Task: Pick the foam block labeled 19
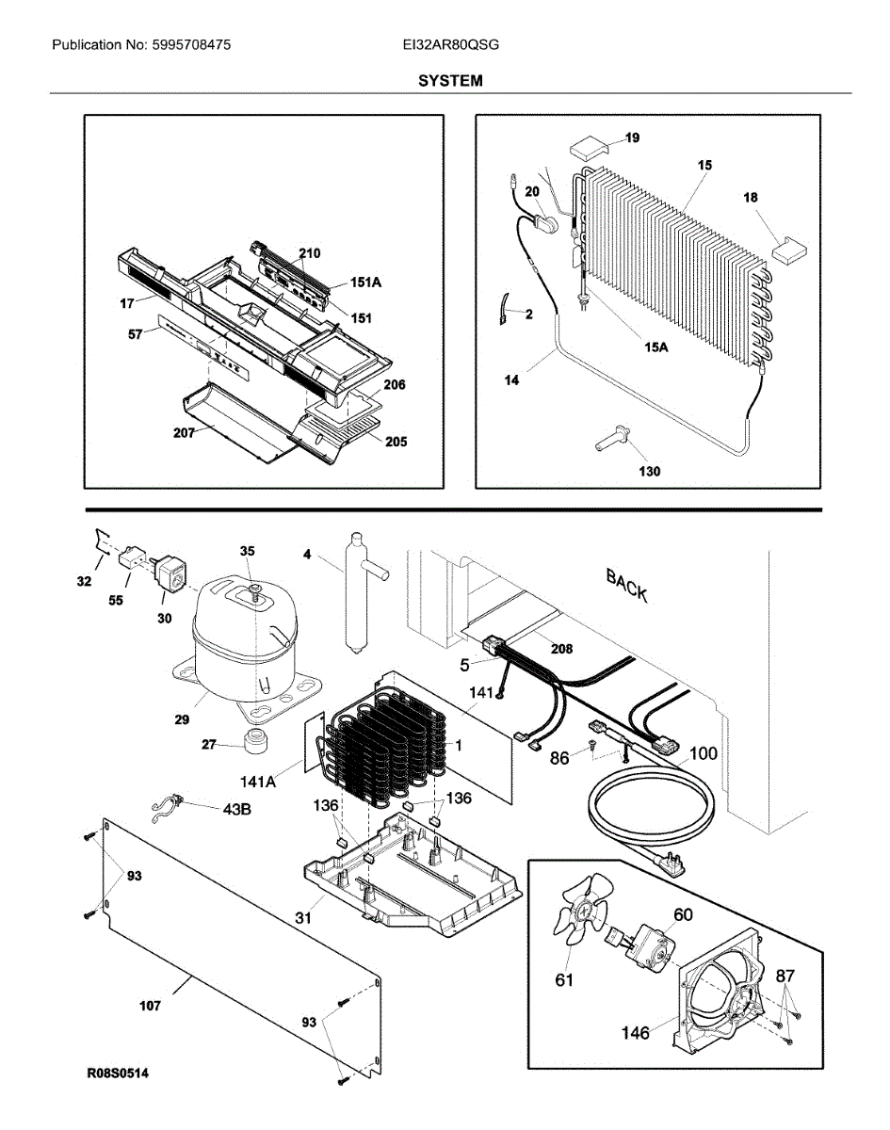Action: point(589,146)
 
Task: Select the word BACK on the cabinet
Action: point(626,585)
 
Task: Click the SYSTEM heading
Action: point(450,81)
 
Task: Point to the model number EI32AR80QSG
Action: point(449,44)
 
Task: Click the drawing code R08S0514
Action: point(119,1073)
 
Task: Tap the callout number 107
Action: point(149,1006)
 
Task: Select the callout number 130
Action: point(649,471)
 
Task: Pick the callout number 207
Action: point(185,433)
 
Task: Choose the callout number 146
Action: point(635,1033)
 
